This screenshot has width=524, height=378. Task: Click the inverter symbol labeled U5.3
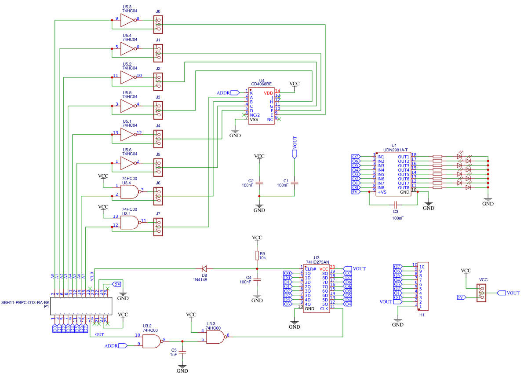tap(127, 19)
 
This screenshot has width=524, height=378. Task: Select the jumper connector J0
tap(158, 24)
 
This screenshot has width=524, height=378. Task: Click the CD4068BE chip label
tap(261, 84)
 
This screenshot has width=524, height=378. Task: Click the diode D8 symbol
tap(204, 268)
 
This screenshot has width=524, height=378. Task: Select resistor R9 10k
tap(257, 256)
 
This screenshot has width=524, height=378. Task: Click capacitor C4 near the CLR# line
tap(257, 280)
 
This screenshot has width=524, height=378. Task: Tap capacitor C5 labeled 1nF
tap(183, 352)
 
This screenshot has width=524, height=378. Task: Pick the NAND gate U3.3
tap(215, 337)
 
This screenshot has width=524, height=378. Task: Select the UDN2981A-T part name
tap(395, 150)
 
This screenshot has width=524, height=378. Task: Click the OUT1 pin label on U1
tap(403, 157)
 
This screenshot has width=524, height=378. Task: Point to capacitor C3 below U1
tap(396, 205)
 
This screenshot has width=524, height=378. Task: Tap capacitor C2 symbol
tap(259, 183)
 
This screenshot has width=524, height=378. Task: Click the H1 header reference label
tap(422, 315)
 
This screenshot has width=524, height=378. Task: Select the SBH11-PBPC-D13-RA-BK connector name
tap(25, 303)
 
